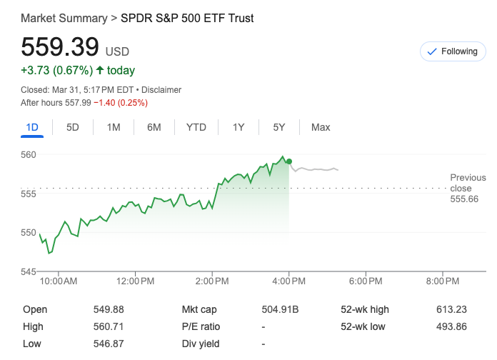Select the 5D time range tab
[x=73, y=127]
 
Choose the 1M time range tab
[x=114, y=127]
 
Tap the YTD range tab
[x=196, y=127]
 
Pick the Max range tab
[x=321, y=127]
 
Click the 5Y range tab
[x=279, y=127]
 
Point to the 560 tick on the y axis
[x=29, y=154]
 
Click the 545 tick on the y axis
[x=29, y=271]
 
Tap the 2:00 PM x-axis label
[x=213, y=281]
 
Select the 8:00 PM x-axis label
[x=443, y=281]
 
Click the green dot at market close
[x=288, y=161]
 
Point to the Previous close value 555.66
[x=463, y=199]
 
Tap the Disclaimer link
[x=161, y=90]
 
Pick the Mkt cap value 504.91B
[x=280, y=309]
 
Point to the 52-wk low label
[x=364, y=326]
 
